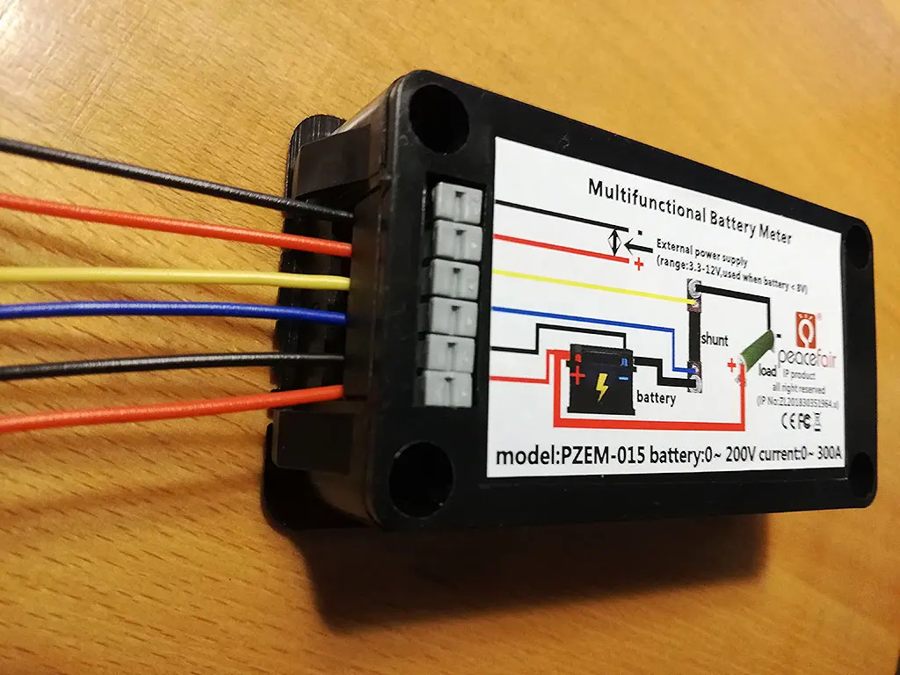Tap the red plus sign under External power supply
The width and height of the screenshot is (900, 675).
(637, 262)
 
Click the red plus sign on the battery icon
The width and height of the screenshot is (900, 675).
(577, 377)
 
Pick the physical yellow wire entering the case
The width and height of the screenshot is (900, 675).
(176, 276)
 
